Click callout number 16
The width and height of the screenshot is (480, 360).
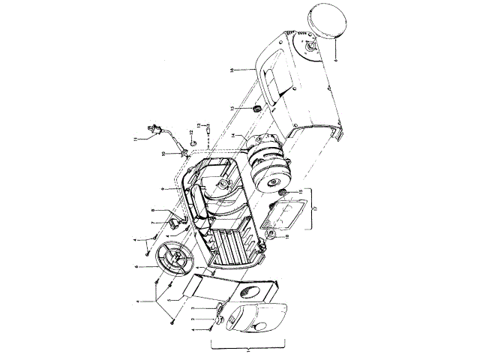point(234,70)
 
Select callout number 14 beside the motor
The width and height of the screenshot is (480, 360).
point(234,136)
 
